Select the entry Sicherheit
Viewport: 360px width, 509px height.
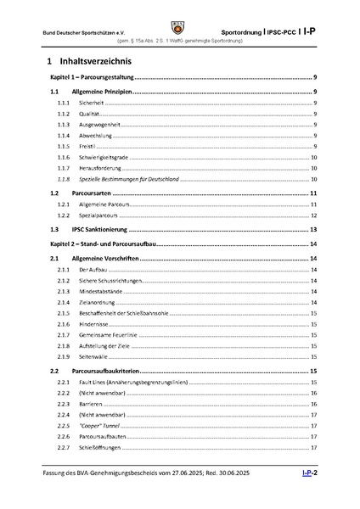[x=91, y=102]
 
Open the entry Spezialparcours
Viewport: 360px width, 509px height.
[x=98, y=216]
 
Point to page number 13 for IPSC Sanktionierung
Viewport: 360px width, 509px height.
[x=313, y=230]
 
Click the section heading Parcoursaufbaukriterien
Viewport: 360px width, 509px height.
[x=112, y=372]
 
